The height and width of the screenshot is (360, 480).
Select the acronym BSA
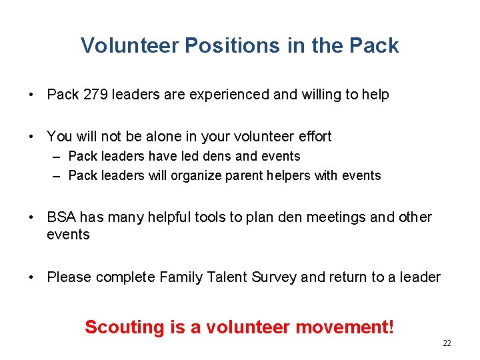coord(61,217)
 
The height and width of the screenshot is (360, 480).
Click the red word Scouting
coord(123,327)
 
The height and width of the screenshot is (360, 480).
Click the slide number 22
coord(447,343)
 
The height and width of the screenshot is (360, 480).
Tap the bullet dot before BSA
coord(32,218)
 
